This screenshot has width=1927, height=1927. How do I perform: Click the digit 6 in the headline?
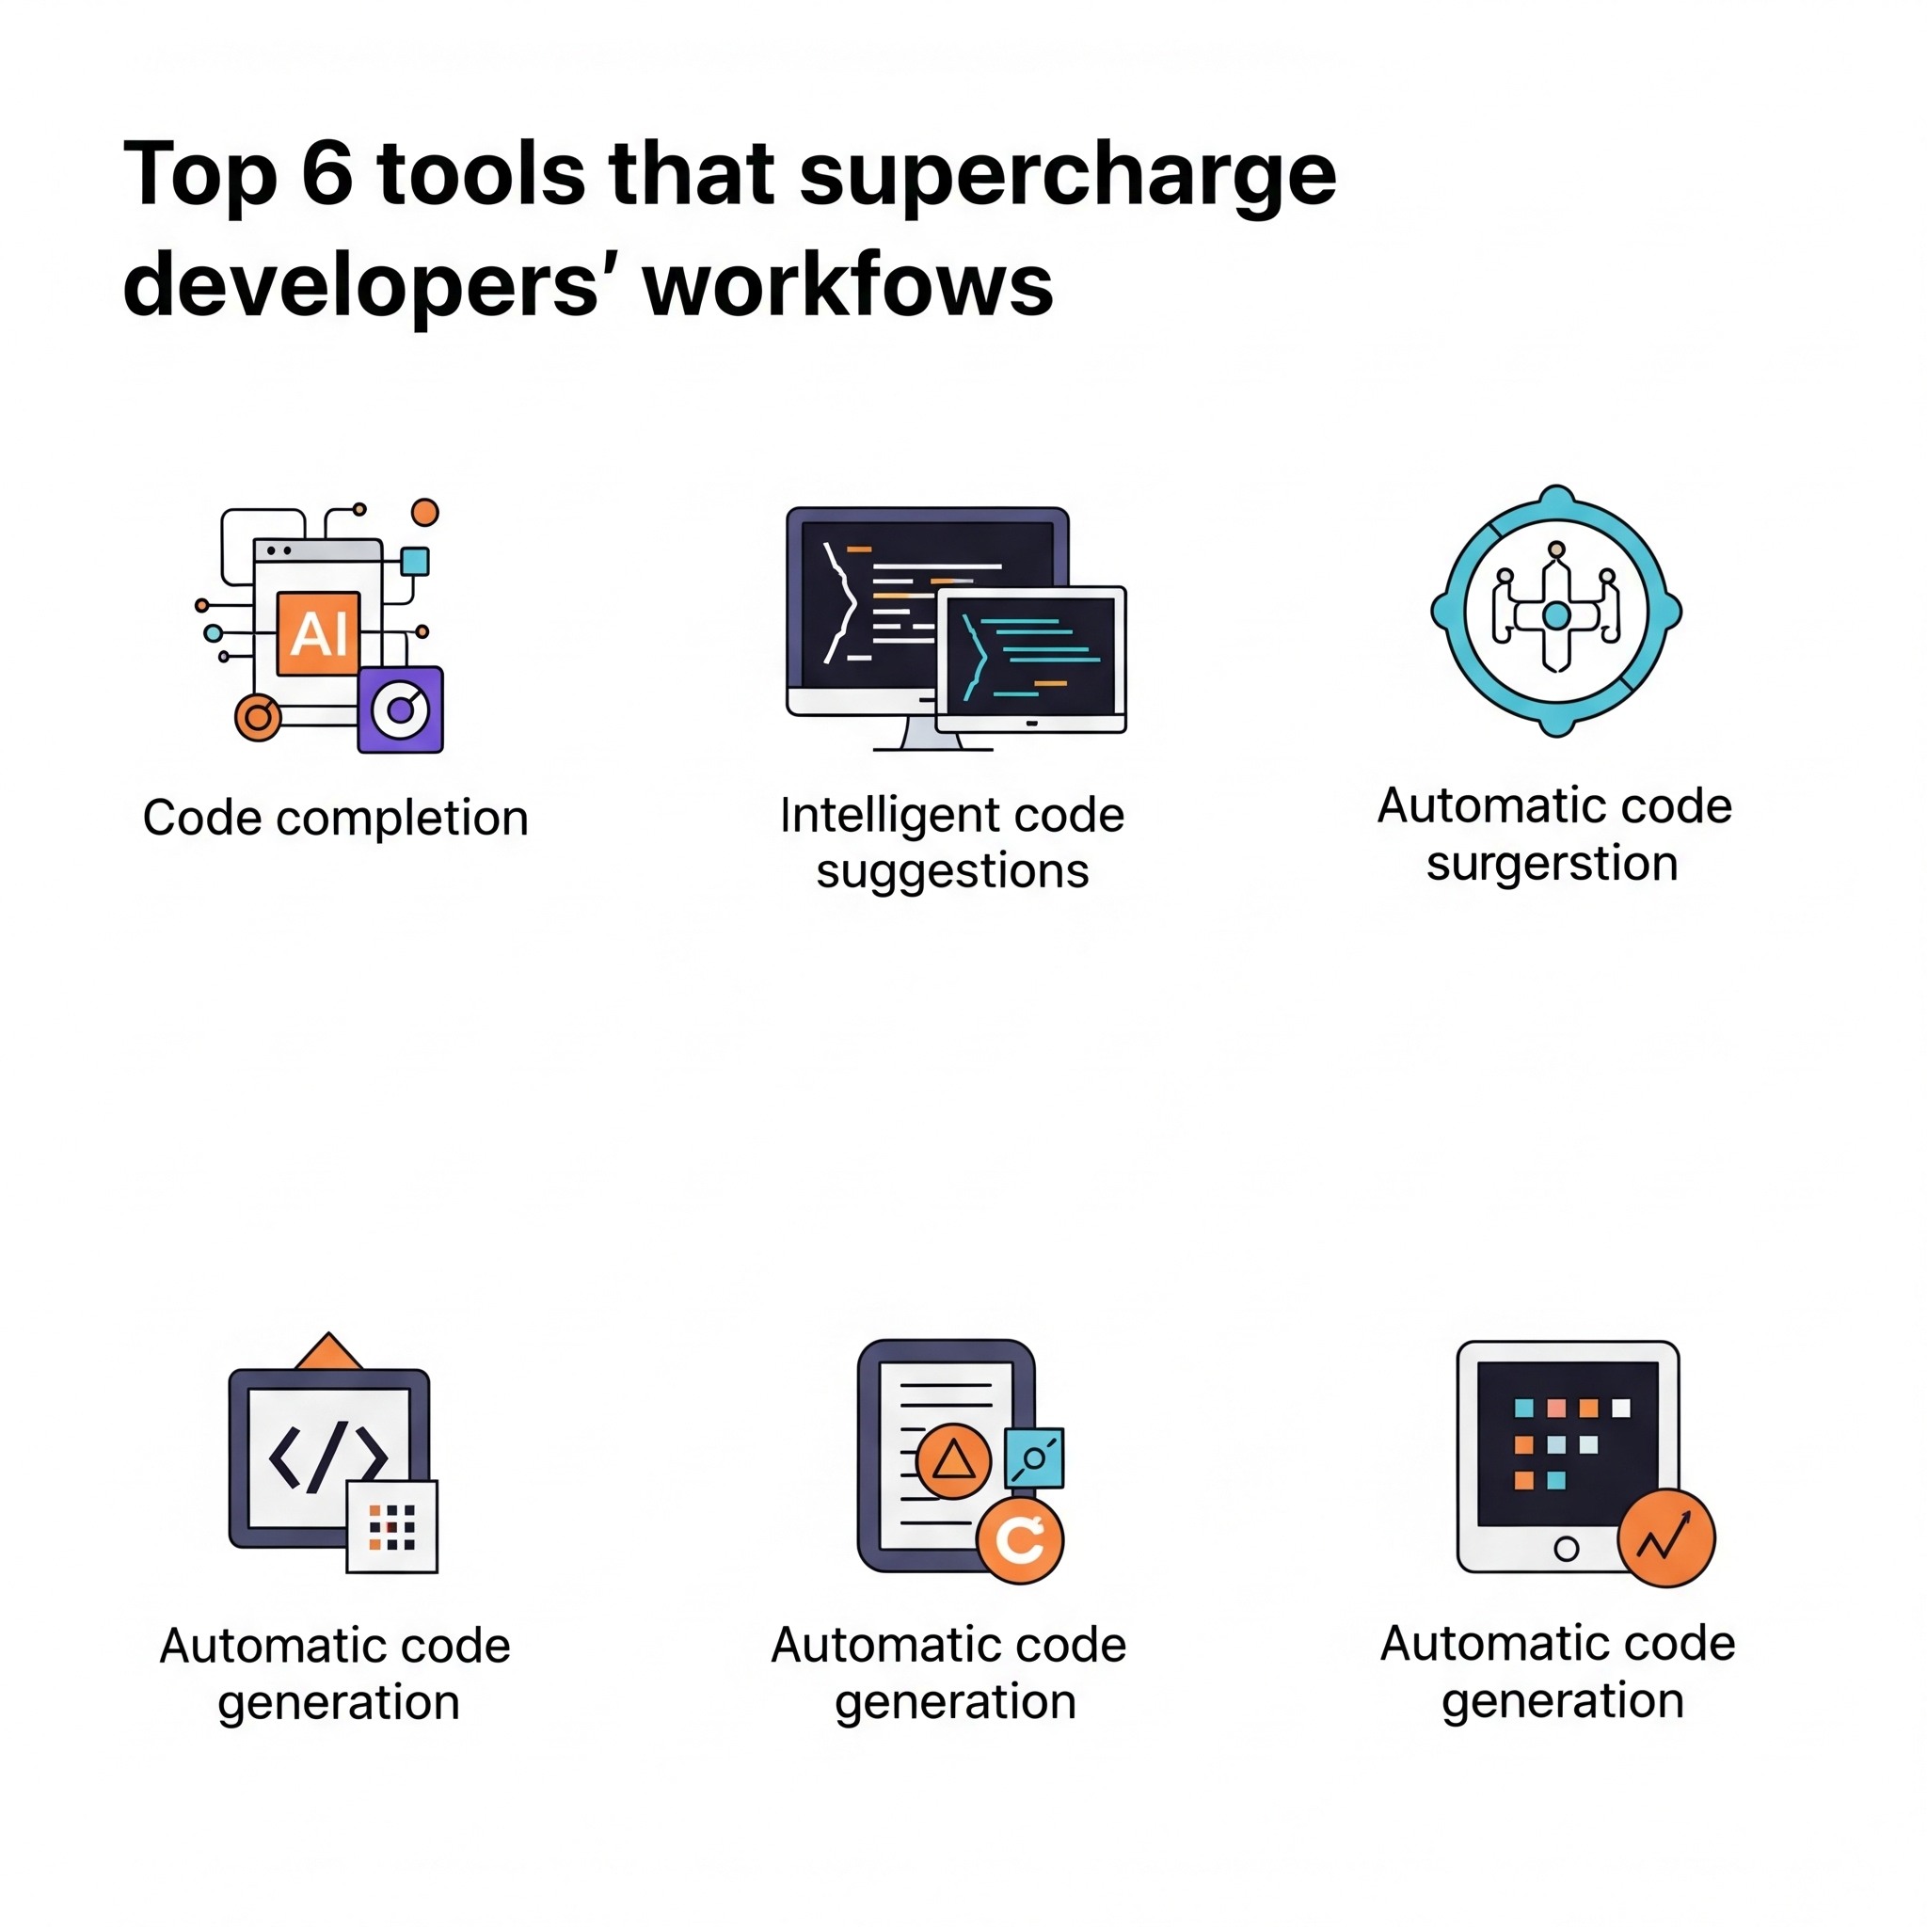(x=327, y=173)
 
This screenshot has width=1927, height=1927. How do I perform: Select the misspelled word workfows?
(x=848, y=285)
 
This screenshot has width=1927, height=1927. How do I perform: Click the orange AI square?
(x=318, y=633)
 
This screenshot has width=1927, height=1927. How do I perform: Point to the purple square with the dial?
(x=400, y=709)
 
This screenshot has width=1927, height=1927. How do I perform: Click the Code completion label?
(x=335, y=818)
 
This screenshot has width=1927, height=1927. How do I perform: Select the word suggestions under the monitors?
(x=952, y=871)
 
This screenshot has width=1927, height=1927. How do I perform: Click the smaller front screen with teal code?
(x=1031, y=660)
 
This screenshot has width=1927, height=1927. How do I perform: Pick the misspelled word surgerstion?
(x=1552, y=864)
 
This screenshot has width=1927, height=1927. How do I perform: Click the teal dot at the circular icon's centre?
(x=1556, y=616)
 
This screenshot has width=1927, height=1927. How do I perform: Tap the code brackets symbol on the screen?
(x=328, y=1456)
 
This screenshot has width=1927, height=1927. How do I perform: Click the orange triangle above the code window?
(x=329, y=1350)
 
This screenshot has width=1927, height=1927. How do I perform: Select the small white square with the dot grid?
(x=391, y=1527)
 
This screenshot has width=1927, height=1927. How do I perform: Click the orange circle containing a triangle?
(x=952, y=1460)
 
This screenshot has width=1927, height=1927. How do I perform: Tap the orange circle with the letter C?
(x=1019, y=1540)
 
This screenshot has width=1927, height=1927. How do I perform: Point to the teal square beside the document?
(x=1034, y=1458)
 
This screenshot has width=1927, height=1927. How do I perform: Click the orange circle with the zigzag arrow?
(x=1665, y=1538)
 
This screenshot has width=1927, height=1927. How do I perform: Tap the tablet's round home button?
(x=1566, y=1548)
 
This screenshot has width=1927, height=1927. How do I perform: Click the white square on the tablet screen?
(x=1621, y=1408)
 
